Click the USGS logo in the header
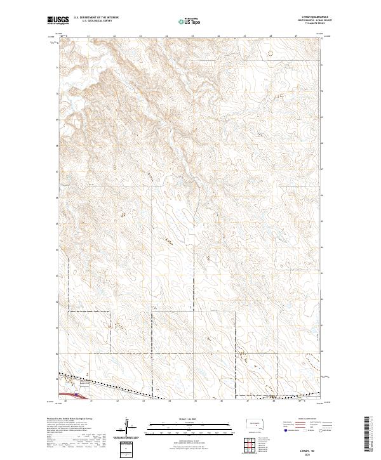click(57, 22)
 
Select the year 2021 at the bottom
click(307, 455)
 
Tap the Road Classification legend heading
click(307, 418)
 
